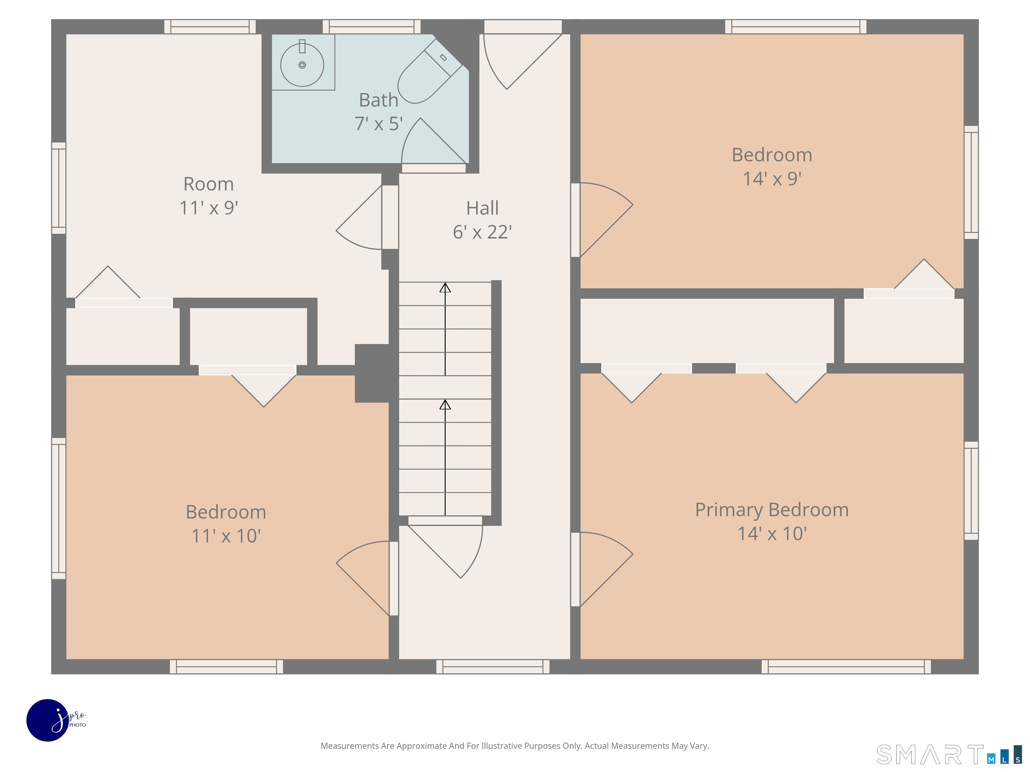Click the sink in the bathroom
click(302, 64)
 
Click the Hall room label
click(482, 208)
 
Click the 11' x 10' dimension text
click(226, 535)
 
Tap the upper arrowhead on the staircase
click(445, 287)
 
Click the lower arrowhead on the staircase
click(445, 405)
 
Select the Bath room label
click(379, 100)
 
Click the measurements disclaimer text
click(515, 746)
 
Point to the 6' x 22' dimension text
click(482, 232)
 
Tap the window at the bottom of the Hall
click(493, 666)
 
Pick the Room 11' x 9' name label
click(209, 184)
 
